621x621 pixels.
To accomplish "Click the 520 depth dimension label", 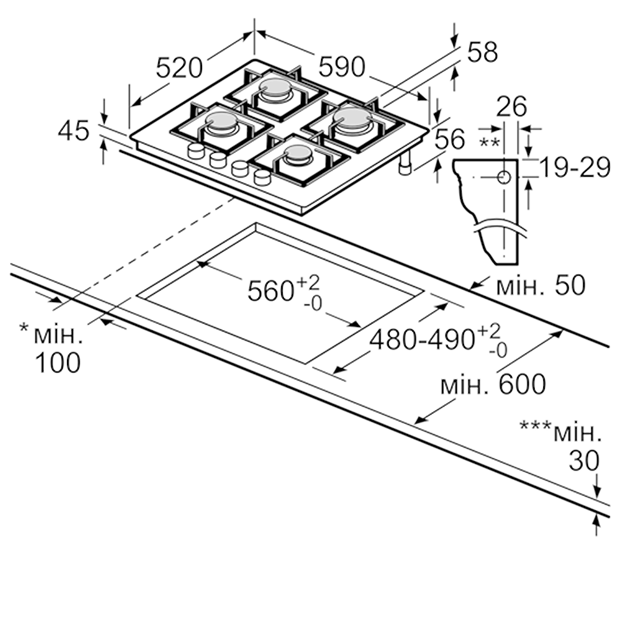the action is pos(179,68).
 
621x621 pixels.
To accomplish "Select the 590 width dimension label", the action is pos(342,66).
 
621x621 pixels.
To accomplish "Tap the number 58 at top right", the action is pos(482,52).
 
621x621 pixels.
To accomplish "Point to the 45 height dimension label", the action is pos(74,131).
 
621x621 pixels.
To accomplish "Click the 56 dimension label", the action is pos(450,138).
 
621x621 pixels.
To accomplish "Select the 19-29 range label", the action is pos(574,168).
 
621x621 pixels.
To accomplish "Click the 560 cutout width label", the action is pos(284,291).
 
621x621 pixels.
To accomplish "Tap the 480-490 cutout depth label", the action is pos(438,340).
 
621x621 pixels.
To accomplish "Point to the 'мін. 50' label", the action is pos(541,285).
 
